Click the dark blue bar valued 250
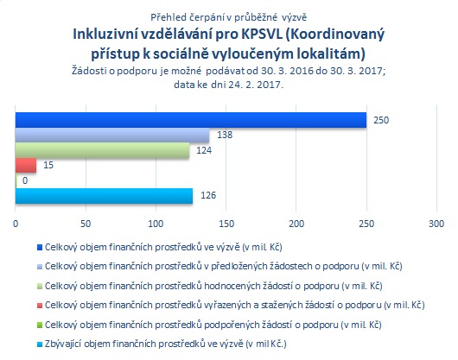coord(191,120)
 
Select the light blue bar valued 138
coord(112,135)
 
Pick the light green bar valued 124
coord(102,150)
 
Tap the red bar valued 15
coord(26,166)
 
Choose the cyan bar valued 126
coord(104,196)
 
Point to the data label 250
coord(381,120)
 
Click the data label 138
coord(225,135)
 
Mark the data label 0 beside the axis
coord(25,180)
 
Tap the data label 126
coord(208,195)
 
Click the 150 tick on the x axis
coord(226,224)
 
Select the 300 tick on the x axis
coord(436,224)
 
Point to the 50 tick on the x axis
coord(86,224)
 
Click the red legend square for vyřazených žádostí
coord(40,306)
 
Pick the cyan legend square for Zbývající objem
coord(40,344)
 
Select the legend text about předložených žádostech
coord(224,266)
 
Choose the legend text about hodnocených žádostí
coord(213,286)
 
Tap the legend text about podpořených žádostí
coord(213,325)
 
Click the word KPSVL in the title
coord(262,35)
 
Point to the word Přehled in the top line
coord(169,17)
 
